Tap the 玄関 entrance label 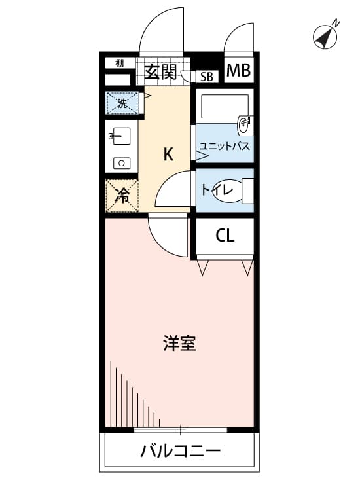160,72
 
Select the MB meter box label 238,71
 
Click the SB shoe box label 207,77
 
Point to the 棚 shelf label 120,64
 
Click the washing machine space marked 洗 122,103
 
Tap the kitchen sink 121,136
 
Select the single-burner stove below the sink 122,163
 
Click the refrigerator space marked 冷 122,196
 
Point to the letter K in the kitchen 168,154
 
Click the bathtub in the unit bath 225,107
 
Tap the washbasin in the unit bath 245,126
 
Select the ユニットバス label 225,146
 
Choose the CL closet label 225,236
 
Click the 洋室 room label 179,343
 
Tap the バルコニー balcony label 180,451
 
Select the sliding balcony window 180,429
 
